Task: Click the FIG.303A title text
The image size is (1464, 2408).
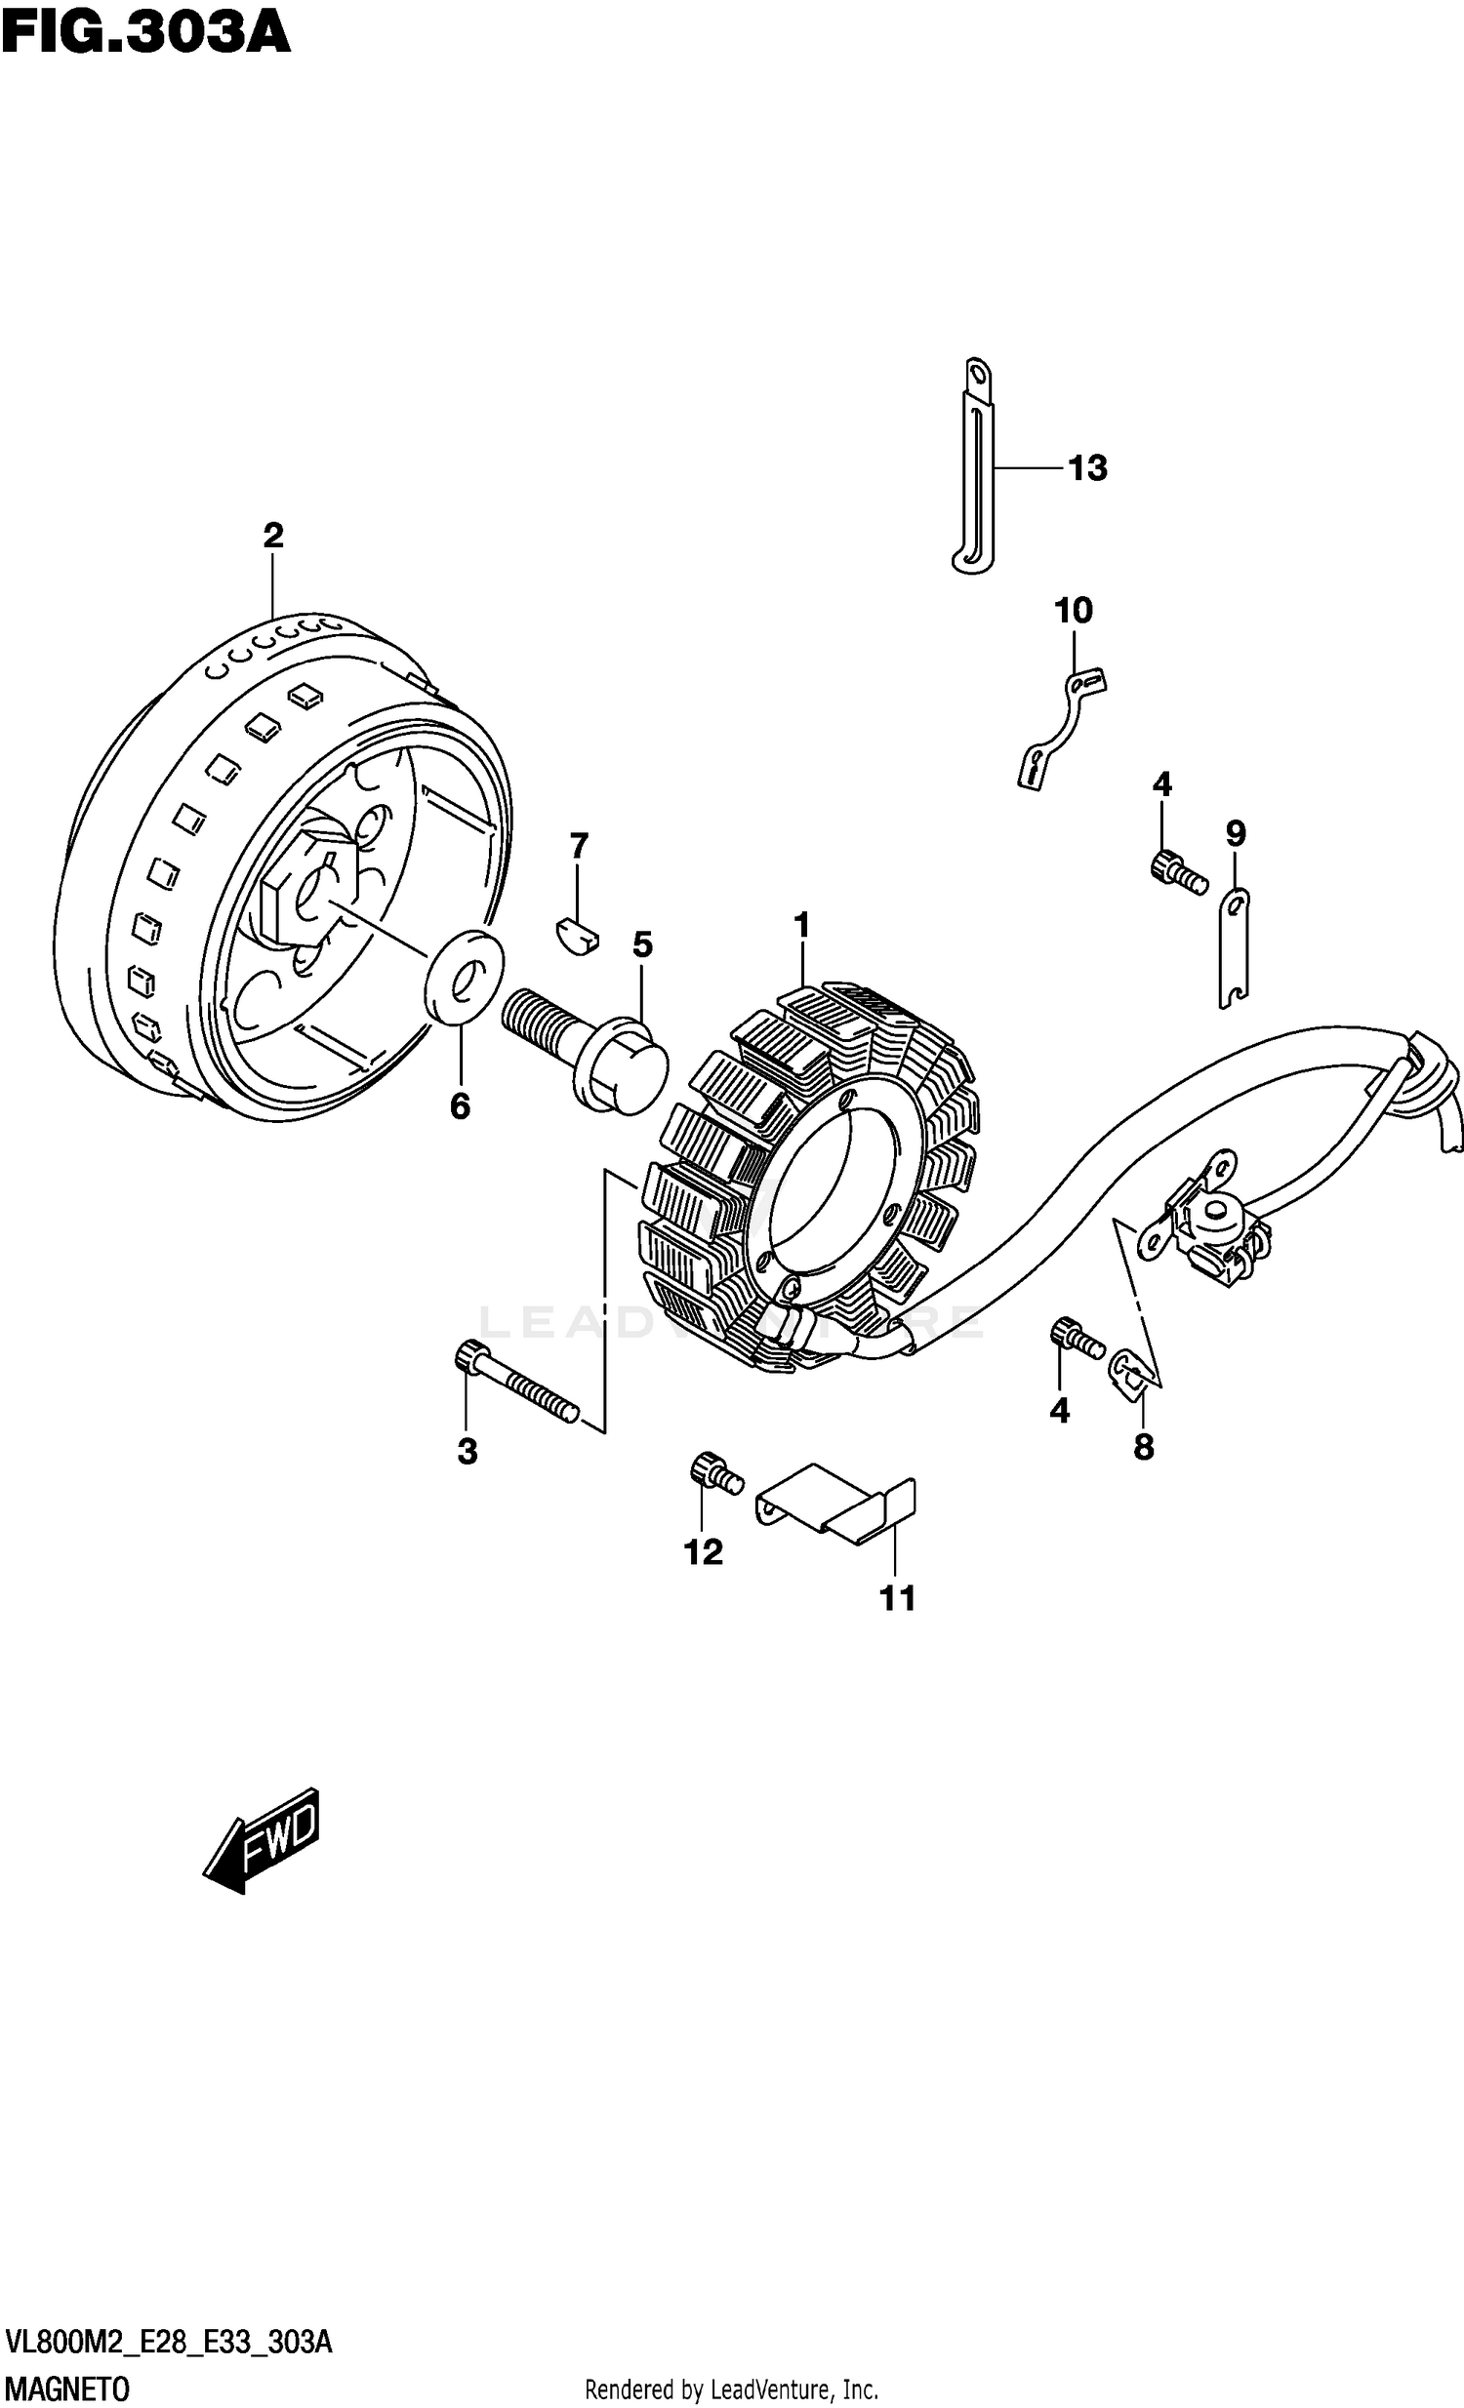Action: pyautogui.click(x=146, y=32)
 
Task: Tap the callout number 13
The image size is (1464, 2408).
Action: pyautogui.click(x=1086, y=469)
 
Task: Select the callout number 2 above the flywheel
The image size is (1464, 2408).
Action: pyautogui.click(x=272, y=535)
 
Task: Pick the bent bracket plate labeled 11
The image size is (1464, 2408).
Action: pyautogui.click(x=836, y=1509)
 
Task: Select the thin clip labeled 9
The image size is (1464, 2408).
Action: pyautogui.click(x=1235, y=947)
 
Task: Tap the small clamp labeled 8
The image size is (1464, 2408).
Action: pyautogui.click(x=1135, y=1369)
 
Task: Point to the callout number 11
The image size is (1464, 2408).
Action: pyautogui.click(x=897, y=1598)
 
